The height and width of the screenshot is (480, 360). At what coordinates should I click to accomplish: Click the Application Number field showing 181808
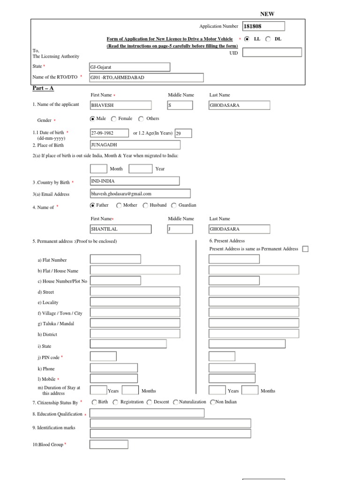[263, 27]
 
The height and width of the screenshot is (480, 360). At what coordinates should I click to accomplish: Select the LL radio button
[247, 39]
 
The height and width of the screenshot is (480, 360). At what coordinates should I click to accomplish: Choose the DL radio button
[268, 39]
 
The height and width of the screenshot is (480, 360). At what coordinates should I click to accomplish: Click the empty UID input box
[272, 52]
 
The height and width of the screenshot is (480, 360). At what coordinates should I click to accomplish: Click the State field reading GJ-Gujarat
[129, 67]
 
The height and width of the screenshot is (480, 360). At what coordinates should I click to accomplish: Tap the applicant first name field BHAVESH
[121, 105]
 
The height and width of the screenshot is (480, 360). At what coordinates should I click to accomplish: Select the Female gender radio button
[113, 119]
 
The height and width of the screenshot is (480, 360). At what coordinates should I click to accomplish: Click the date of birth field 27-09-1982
[109, 134]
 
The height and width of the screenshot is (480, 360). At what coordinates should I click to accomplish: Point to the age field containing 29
[183, 134]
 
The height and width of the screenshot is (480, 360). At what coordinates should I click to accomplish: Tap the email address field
[140, 194]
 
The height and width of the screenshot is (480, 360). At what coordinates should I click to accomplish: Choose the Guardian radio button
[174, 205]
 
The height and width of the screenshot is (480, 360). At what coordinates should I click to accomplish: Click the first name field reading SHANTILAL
[121, 229]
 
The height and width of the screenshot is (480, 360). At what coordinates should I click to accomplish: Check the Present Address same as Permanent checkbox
[306, 249]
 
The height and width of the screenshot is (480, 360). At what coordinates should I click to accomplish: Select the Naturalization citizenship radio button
[176, 402]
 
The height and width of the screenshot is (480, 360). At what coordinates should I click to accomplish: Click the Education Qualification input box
[147, 413]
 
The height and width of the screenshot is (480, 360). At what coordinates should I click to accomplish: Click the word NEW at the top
[267, 14]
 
